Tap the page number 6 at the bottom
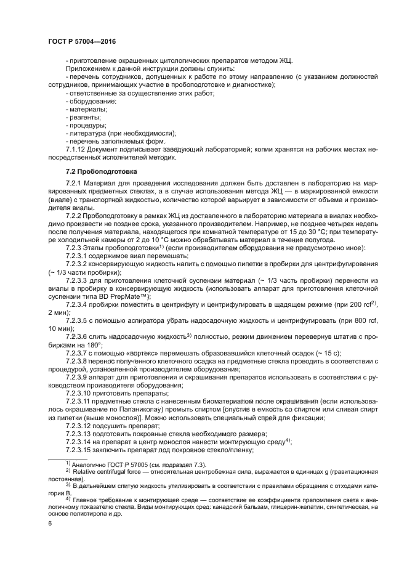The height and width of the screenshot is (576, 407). tap(50, 522)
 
